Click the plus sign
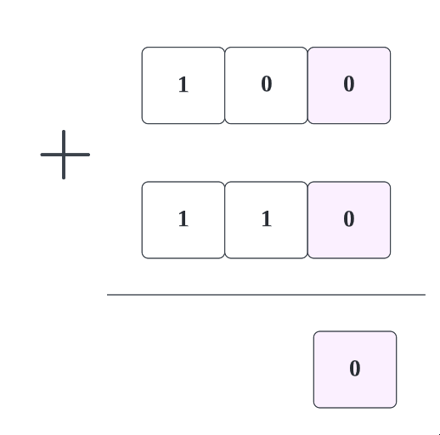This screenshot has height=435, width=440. [64, 155]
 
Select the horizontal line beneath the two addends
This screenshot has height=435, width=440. [266, 295]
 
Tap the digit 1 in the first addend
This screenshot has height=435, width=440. [183, 84]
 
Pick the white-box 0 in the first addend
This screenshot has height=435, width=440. [267, 84]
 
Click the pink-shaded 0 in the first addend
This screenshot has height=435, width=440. [349, 84]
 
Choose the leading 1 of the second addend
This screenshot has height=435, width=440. [183, 219]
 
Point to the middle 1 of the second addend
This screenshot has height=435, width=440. [267, 219]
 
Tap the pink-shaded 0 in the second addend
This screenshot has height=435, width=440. [349, 219]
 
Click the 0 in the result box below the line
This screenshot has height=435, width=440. [355, 369]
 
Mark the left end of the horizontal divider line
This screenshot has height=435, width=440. [107, 295]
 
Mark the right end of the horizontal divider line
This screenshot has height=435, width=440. [426, 295]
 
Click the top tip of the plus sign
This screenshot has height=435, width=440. [64, 131]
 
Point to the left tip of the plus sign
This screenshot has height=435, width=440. [41, 155]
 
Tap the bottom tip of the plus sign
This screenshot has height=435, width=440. [64, 178]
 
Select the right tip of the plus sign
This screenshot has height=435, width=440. [89, 155]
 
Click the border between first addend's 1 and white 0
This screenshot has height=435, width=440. [225, 86]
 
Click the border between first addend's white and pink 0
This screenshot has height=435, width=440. [307, 86]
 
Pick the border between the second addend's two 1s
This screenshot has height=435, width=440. [225, 220]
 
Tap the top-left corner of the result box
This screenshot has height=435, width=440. [313, 331]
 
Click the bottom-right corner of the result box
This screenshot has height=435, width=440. [397, 408]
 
